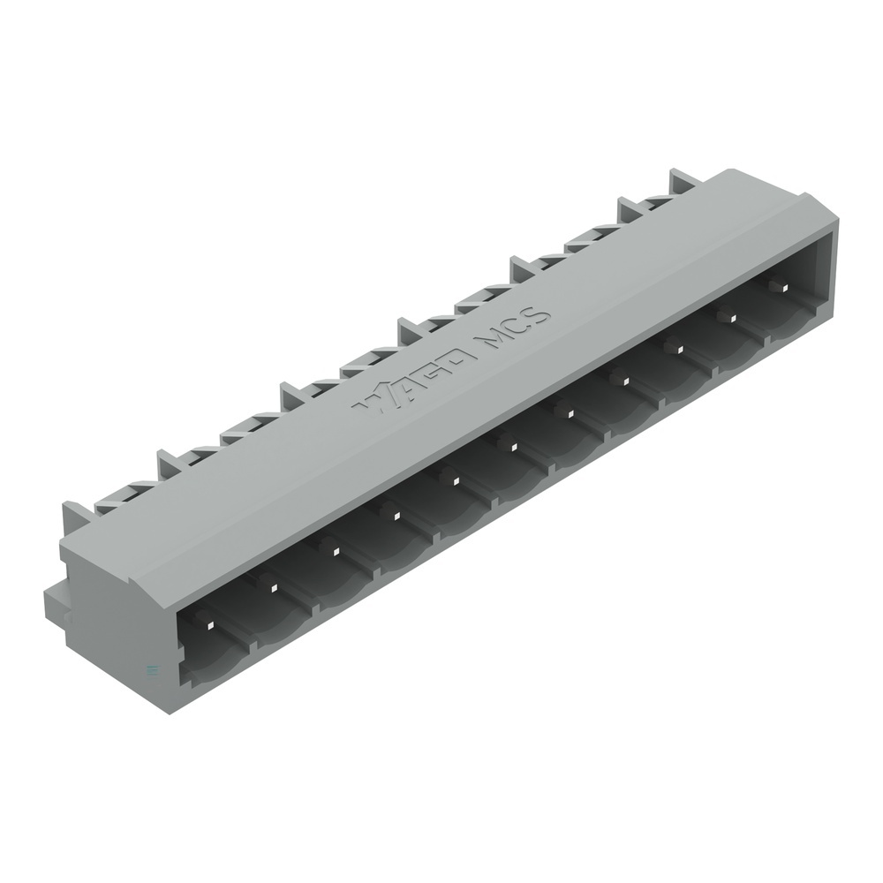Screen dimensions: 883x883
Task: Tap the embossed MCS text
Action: click(513, 329)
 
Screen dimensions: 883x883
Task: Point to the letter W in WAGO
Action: click(371, 400)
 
